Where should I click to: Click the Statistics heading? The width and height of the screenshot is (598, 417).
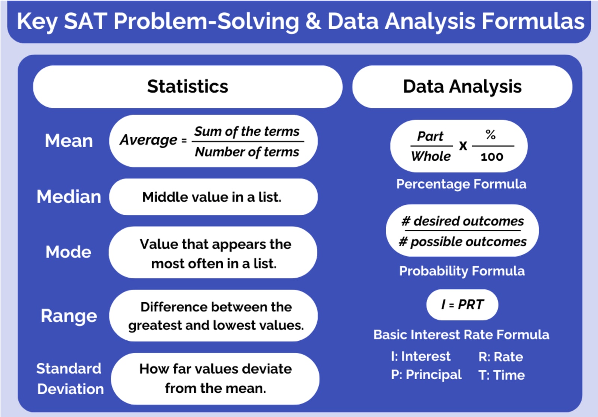pyautogui.click(x=187, y=87)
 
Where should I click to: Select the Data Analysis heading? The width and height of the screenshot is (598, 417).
pyautogui.click(x=462, y=87)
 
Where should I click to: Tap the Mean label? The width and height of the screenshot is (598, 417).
pyautogui.click(x=69, y=141)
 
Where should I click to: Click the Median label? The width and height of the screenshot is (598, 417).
pyautogui.click(x=69, y=197)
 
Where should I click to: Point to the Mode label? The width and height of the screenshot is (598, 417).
pyautogui.click(x=68, y=252)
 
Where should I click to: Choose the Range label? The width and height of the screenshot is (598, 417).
pyautogui.click(x=69, y=316)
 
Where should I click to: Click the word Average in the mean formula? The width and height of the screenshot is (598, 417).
pyautogui.click(x=149, y=140)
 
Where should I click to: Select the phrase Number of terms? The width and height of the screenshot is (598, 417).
pyautogui.click(x=247, y=152)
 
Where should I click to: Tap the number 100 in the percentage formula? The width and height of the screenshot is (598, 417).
pyautogui.click(x=492, y=157)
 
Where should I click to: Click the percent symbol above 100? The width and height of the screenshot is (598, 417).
pyautogui.click(x=491, y=135)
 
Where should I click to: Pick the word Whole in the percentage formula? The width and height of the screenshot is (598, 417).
pyautogui.click(x=431, y=156)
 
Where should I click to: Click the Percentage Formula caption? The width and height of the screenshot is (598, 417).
pyautogui.click(x=461, y=184)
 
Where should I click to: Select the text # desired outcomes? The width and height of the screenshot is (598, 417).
pyautogui.click(x=463, y=221)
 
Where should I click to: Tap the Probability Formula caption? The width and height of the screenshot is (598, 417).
pyautogui.click(x=462, y=271)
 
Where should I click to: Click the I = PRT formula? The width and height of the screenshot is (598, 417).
pyautogui.click(x=462, y=305)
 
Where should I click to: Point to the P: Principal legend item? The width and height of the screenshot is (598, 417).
pyautogui.click(x=426, y=375)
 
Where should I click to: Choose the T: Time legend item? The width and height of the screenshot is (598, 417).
pyautogui.click(x=502, y=375)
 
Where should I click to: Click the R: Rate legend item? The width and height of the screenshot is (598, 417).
pyautogui.click(x=500, y=357)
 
